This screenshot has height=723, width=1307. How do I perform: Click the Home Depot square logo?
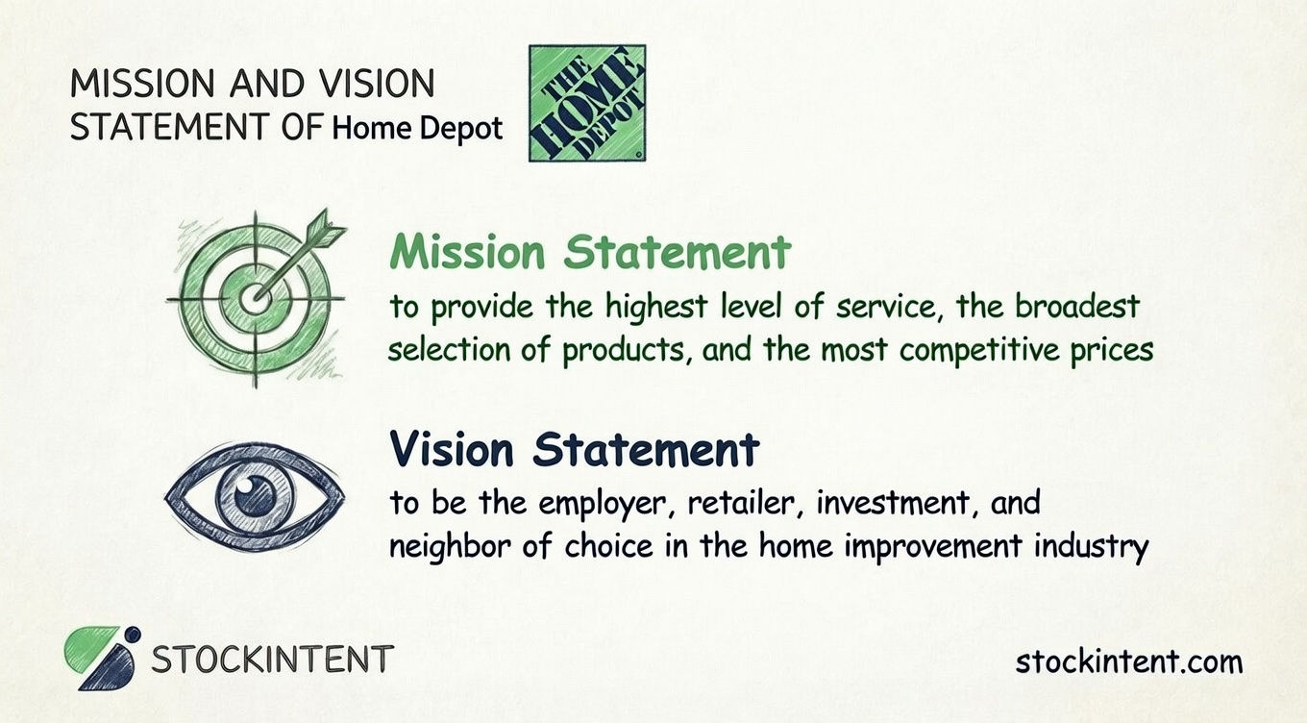[x=587, y=103]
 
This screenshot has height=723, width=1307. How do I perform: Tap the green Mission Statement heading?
[x=590, y=253]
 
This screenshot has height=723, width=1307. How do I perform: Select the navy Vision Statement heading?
[x=574, y=450]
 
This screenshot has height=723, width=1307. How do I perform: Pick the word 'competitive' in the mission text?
[x=975, y=350]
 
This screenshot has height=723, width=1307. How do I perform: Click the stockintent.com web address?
[x=1128, y=661]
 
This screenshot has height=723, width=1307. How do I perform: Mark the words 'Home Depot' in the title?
[x=417, y=129]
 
